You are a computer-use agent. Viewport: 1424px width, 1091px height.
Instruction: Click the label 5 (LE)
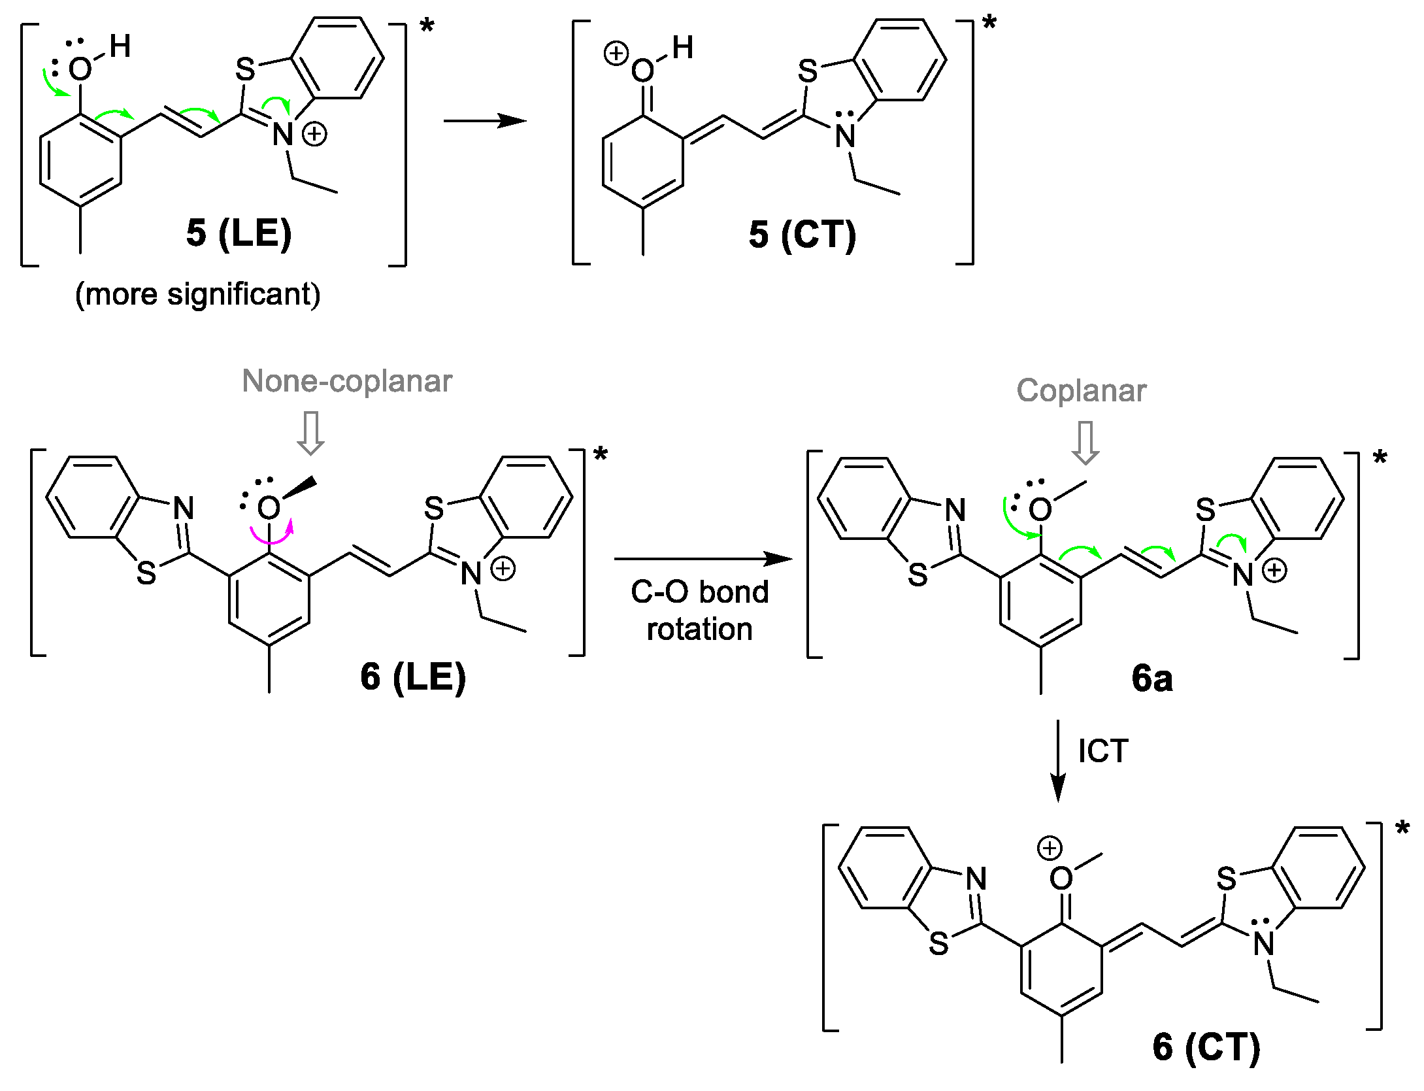pos(239,233)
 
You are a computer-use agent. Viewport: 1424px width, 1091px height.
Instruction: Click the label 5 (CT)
pos(802,235)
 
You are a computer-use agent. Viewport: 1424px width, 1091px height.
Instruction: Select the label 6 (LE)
pos(413,677)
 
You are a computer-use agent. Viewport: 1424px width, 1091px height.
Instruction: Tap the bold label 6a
pos(1151,679)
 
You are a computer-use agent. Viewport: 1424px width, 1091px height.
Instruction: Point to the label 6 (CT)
pos(1206,1047)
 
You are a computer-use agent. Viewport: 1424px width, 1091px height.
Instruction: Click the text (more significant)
pos(197,294)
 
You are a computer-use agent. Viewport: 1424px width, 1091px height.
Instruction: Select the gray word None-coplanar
pos(346,381)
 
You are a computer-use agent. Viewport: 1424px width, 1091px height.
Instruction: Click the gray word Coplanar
pos(1081,391)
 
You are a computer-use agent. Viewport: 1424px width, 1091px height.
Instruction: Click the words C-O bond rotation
pos(699,610)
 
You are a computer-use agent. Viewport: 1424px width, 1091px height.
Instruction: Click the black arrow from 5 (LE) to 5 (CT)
pos(484,121)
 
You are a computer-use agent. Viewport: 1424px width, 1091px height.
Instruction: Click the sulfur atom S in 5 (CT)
pos(808,71)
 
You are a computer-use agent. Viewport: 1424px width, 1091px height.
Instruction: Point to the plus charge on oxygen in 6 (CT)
pos(1050,848)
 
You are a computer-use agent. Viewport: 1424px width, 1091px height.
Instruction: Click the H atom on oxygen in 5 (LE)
pos(120,46)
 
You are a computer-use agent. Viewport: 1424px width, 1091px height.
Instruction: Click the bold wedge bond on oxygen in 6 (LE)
pos(301,488)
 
